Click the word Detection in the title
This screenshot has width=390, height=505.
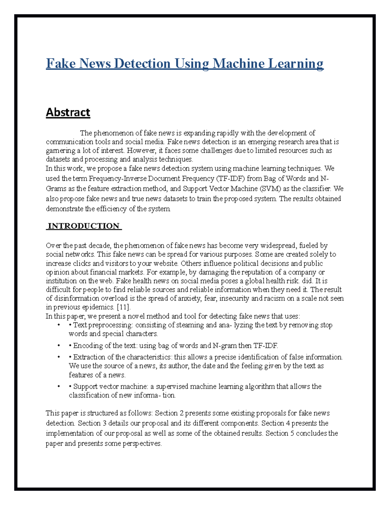coord(142,63)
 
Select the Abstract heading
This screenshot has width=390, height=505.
coord(68,112)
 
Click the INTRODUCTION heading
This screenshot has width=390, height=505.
coord(84,226)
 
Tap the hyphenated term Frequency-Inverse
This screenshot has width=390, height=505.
coord(118,179)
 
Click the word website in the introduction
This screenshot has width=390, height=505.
coord(166,263)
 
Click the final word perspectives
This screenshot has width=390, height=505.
coord(142,444)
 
